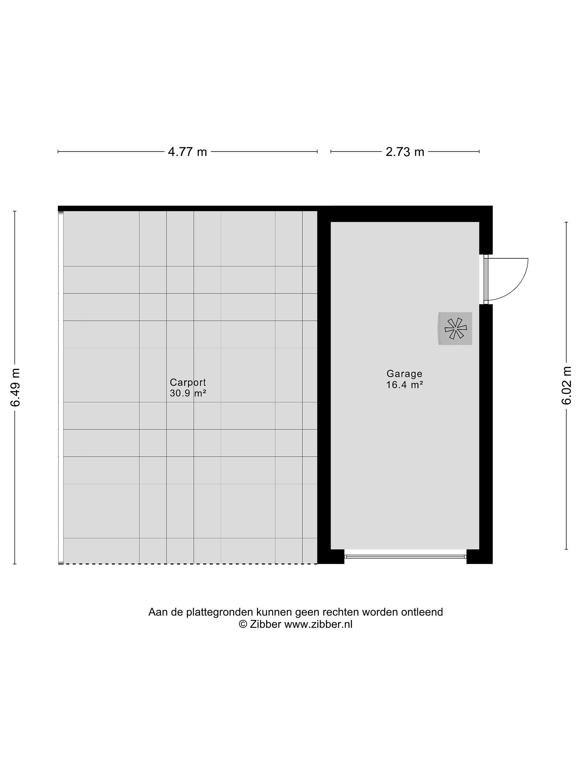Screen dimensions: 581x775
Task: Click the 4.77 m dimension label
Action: pyautogui.click(x=187, y=152)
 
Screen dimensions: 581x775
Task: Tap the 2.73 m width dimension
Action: pyautogui.click(x=405, y=152)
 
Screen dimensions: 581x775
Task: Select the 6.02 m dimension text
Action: pyautogui.click(x=566, y=385)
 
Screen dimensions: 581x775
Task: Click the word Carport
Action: pyautogui.click(x=188, y=382)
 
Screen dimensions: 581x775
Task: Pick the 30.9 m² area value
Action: pyautogui.click(x=188, y=393)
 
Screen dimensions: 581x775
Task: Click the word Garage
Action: pyautogui.click(x=405, y=374)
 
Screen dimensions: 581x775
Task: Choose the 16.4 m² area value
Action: pyautogui.click(x=405, y=385)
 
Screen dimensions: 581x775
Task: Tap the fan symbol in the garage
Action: pyautogui.click(x=455, y=328)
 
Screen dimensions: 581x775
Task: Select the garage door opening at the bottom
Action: pyautogui.click(x=405, y=556)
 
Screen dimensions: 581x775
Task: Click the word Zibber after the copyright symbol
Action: pyautogui.click(x=265, y=624)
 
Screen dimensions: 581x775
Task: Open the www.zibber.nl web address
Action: pyautogui.click(x=318, y=624)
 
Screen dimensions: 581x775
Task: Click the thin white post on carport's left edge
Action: pyautogui.click(x=61, y=387)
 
